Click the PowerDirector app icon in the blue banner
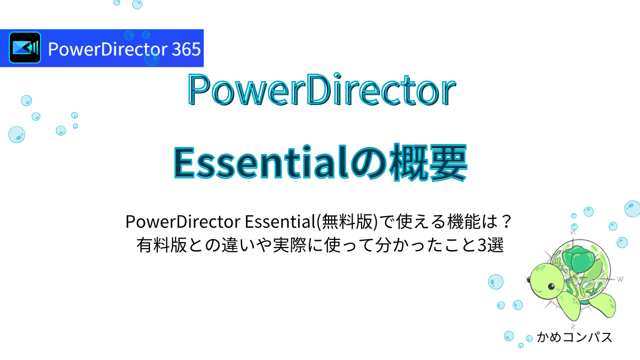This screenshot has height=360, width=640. [25, 48]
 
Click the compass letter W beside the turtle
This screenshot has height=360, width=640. [620, 278]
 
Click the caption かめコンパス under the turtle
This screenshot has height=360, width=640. [573, 337]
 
